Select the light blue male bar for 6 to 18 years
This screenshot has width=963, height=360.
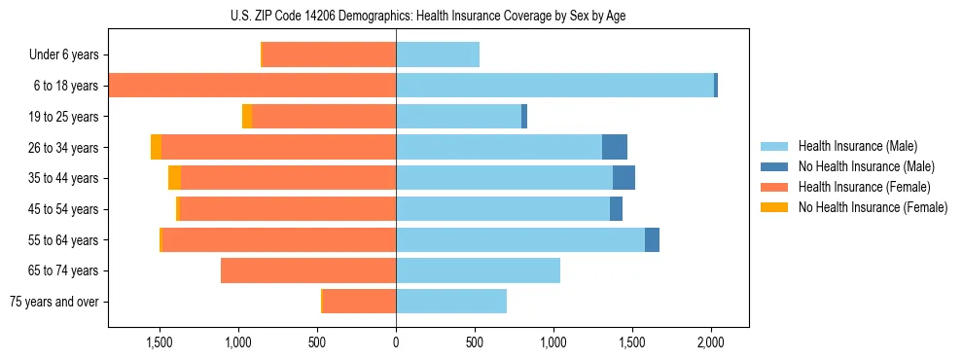click(x=554, y=86)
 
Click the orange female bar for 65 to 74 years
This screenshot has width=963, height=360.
click(x=308, y=270)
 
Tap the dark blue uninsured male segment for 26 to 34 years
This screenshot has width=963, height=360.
click(x=615, y=147)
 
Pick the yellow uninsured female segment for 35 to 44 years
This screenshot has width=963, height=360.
click(x=174, y=178)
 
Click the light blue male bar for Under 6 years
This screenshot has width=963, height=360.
click(x=438, y=54)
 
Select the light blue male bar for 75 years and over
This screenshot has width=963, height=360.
click(x=451, y=302)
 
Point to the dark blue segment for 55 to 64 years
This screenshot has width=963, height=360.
click(x=652, y=239)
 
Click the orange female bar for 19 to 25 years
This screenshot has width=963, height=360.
click(x=324, y=117)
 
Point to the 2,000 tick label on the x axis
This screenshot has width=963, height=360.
click(x=711, y=342)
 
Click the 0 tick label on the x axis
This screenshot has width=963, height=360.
click(x=396, y=342)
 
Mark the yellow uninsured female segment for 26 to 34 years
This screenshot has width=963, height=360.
click(x=156, y=147)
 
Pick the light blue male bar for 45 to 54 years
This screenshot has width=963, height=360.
click(x=503, y=209)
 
